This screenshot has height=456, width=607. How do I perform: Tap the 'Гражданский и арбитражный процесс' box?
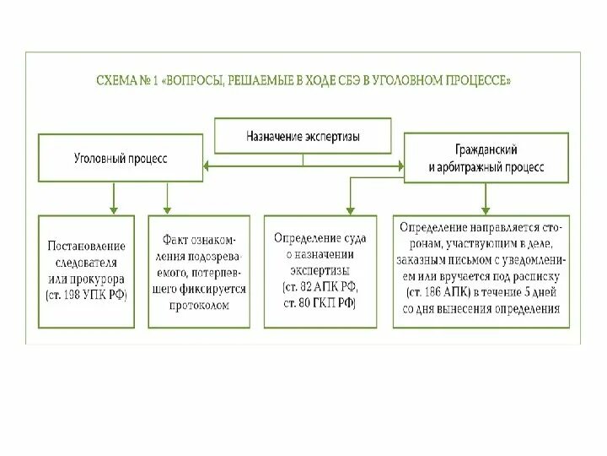coord(486,156)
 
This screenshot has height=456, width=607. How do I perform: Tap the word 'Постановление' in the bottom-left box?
coord(86,246)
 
